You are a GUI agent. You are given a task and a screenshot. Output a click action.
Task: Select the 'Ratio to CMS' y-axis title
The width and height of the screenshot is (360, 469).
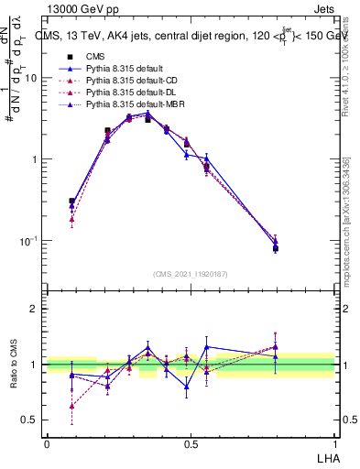tap(14, 365)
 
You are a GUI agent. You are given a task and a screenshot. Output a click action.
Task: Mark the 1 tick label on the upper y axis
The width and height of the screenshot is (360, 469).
tap(35, 159)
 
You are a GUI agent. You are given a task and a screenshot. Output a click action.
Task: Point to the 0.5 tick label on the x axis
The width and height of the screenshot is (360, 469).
tap(191, 443)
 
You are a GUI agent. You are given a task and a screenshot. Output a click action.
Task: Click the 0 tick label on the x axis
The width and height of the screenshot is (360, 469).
tap(47, 443)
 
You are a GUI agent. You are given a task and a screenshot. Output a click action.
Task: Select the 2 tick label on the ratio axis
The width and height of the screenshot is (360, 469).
tap(35, 309)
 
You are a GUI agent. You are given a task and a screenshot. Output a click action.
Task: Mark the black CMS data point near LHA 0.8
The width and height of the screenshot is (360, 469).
tap(275, 248)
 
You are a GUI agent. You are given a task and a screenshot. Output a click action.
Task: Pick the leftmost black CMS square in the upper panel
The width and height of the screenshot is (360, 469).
tap(72, 201)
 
